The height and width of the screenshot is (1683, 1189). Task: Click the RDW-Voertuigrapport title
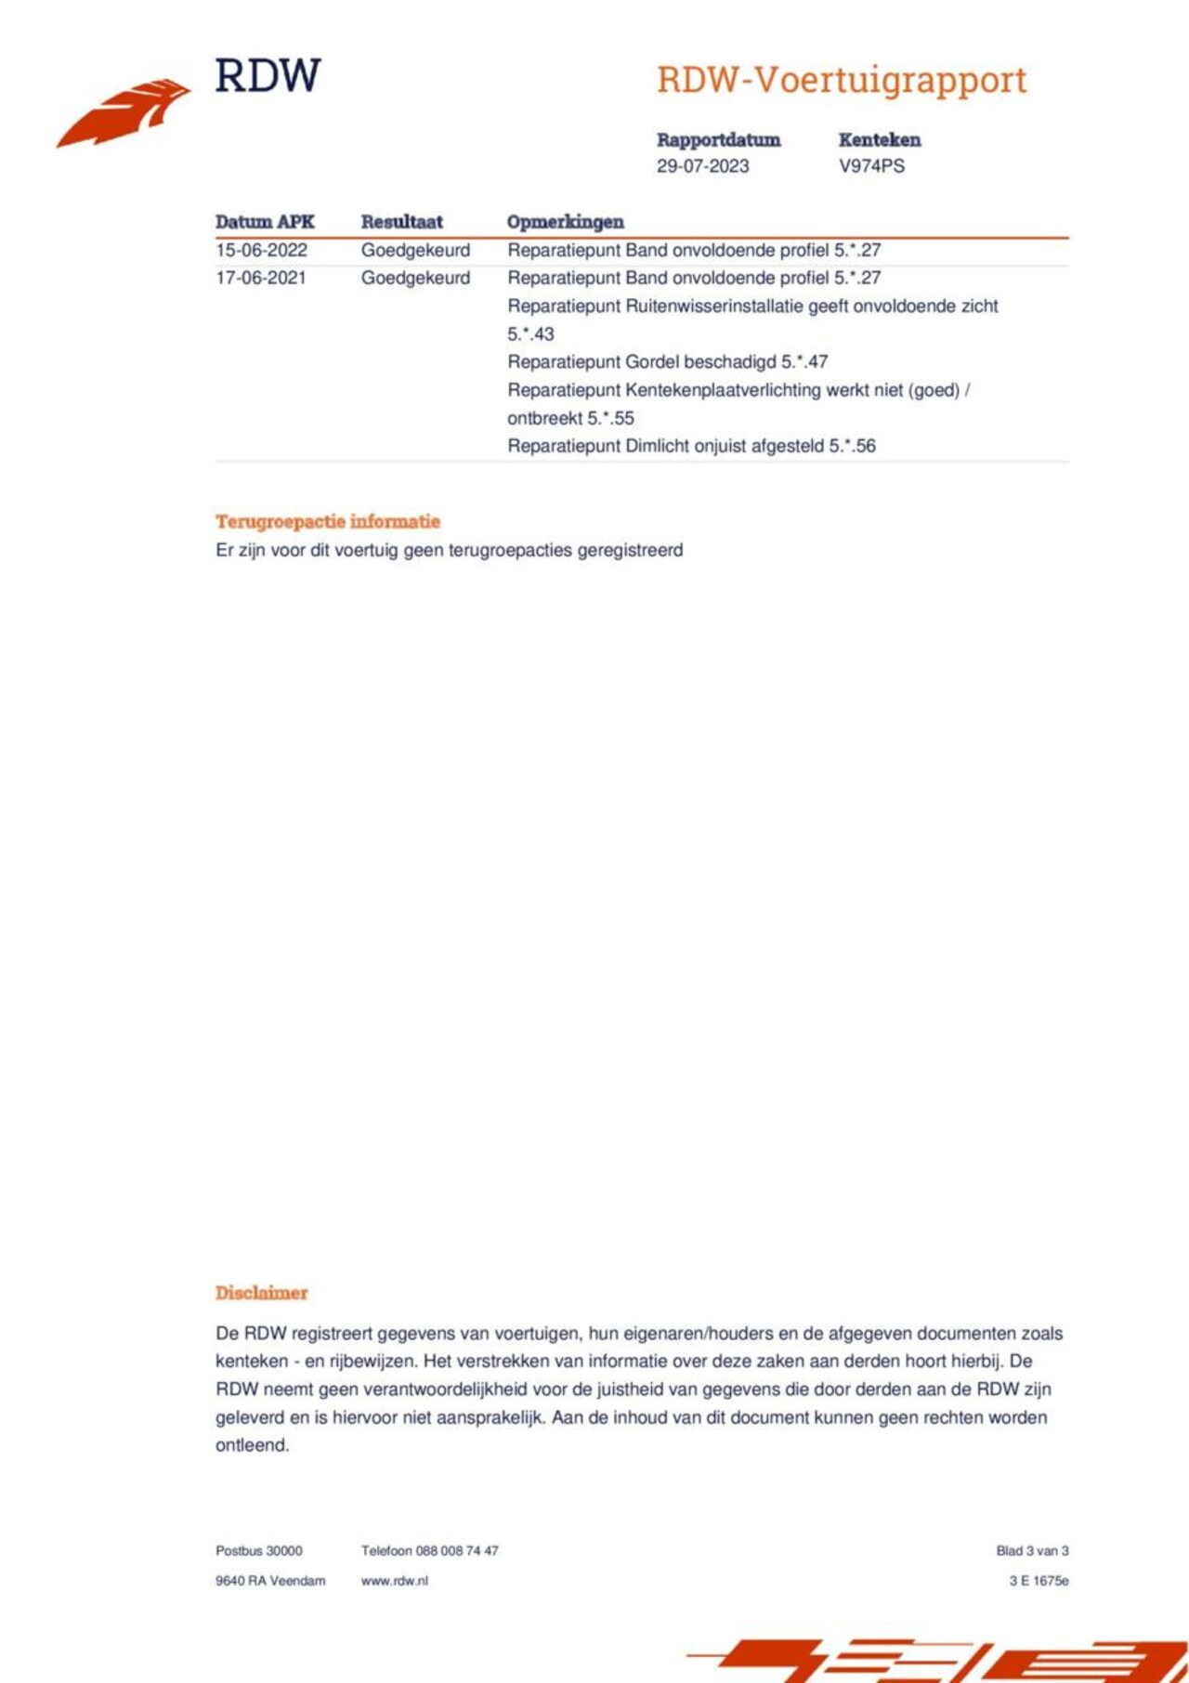point(841,80)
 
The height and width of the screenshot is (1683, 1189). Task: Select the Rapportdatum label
point(718,140)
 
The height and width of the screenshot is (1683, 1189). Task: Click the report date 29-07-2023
point(702,166)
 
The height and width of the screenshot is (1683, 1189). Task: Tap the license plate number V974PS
point(871,166)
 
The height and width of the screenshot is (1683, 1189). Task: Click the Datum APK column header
point(265,222)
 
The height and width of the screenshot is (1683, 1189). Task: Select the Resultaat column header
point(401,222)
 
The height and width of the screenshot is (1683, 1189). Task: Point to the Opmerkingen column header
point(565,222)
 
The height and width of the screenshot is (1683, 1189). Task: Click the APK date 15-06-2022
point(261,250)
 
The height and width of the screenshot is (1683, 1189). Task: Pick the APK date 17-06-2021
point(261,278)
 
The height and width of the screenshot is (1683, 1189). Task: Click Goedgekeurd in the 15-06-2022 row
point(415,250)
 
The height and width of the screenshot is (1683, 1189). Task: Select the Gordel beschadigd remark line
point(667,362)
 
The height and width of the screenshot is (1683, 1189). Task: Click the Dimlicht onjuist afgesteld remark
point(691,446)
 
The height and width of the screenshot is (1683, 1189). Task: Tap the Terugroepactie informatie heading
point(327,521)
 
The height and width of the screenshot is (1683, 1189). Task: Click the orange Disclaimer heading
point(261,1293)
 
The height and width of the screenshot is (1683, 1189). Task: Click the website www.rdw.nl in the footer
point(394,1581)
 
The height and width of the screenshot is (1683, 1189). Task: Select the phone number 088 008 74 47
point(456,1551)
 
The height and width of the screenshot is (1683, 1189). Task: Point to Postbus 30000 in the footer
point(258,1551)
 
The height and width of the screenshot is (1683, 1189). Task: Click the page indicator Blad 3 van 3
point(1032,1551)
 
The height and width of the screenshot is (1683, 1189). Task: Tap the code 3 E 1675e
point(1039,1581)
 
